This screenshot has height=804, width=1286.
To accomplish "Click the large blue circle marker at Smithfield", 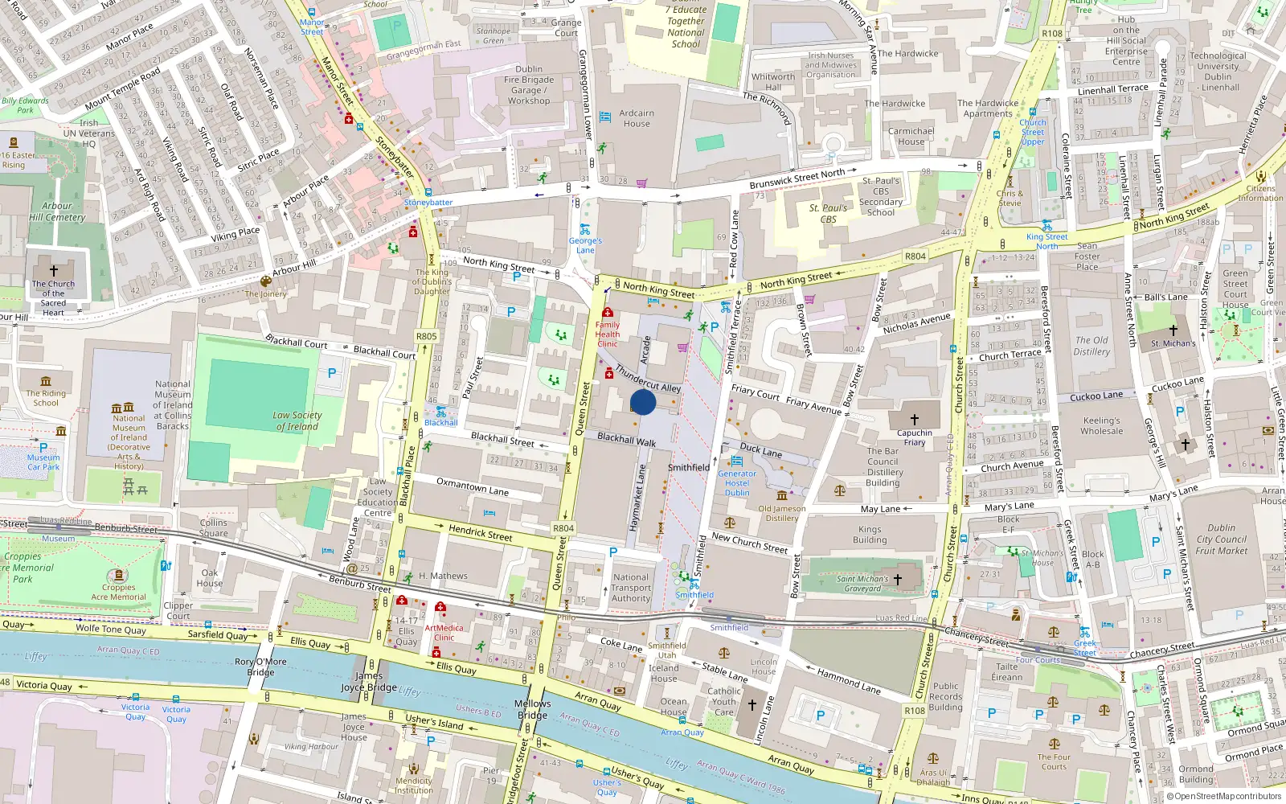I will click(643, 402).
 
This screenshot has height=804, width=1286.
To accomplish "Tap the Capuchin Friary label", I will click(915, 437).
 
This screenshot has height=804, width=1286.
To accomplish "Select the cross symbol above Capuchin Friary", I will click(914, 420).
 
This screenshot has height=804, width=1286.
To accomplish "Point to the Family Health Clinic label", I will click(607, 334).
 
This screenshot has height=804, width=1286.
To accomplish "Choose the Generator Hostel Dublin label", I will click(737, 483).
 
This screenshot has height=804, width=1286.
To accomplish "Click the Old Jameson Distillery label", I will click(781, 513).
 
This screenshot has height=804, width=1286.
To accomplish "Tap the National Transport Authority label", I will click(631, 588).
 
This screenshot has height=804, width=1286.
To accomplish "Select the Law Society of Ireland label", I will click(297, 421).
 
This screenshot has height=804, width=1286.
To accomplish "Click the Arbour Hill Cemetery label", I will click(57, 211).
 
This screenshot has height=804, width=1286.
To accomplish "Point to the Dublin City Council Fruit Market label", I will click(1221, 539).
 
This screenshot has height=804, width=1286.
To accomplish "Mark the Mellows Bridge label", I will click(532, 709).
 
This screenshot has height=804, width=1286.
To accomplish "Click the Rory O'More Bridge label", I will click(260, 667).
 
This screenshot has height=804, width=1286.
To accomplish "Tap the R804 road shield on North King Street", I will click(915, 256).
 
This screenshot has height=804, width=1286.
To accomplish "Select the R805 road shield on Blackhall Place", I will click(426, 337).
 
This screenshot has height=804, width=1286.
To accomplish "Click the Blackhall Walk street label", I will click(626, 439).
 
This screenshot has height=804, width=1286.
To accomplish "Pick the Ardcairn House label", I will click(637, 118).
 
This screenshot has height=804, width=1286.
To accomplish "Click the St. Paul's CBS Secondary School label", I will click(881, 197).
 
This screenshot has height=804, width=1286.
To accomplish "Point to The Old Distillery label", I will click(1091, 346).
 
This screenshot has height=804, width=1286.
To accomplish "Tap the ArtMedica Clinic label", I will click(444, 633).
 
